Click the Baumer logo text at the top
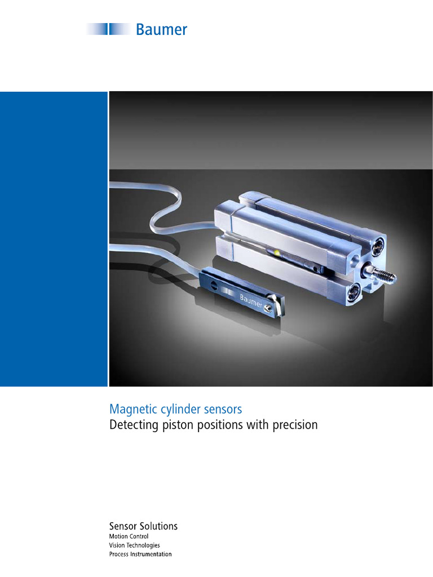pyautogui.click(x=161, y=29)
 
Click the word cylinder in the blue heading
pyautogui.click(x=173, y=409)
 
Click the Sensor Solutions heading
pyautogui.click(x=143, y=526)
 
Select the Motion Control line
pyautogui.click(x=129, y=537)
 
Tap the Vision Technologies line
pyautogui.click(x=134, y=545)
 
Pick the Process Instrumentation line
pyautogui.click(x=140, y=554)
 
